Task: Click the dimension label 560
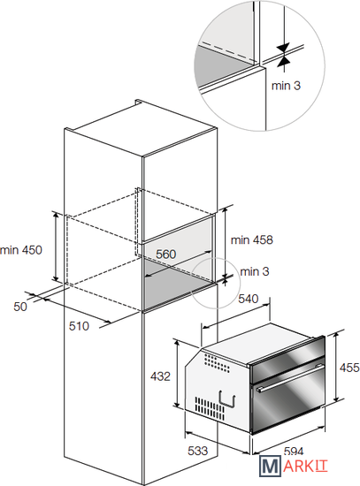coord(165,254)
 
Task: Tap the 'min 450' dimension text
coord(21,250)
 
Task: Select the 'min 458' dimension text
coord(252,239)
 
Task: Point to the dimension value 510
coord(79,326)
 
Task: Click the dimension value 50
coord(20,307)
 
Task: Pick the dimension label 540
coord(249,299)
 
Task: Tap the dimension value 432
coord(160,376)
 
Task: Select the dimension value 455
coord(349,368)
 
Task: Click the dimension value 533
coord(197,451)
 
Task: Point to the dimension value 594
coord(294,451)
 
